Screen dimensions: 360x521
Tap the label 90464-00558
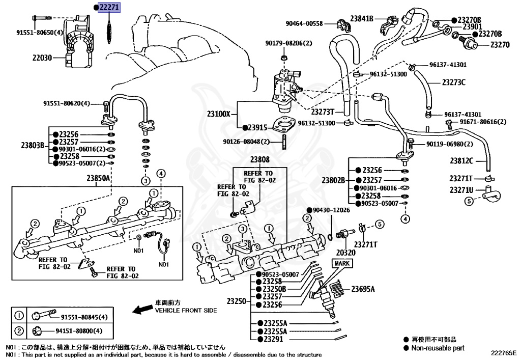[x=304, y=23]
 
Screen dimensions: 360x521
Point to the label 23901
[x=469, y=26]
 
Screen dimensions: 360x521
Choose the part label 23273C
[x=453, y=81]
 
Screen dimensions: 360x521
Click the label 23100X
[x=219, y=115]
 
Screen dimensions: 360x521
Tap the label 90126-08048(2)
[x=246, y=142]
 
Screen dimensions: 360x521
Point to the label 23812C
[x=461, y=161]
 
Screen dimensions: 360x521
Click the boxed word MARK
[x=341, y=263]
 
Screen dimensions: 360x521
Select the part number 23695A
[x=363, y=289]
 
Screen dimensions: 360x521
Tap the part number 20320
[x=345, y=252]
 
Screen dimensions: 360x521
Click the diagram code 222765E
[x=503, y=352]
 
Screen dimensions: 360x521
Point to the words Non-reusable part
[x=438, y=348]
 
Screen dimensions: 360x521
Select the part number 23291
[x=274, y=339]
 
